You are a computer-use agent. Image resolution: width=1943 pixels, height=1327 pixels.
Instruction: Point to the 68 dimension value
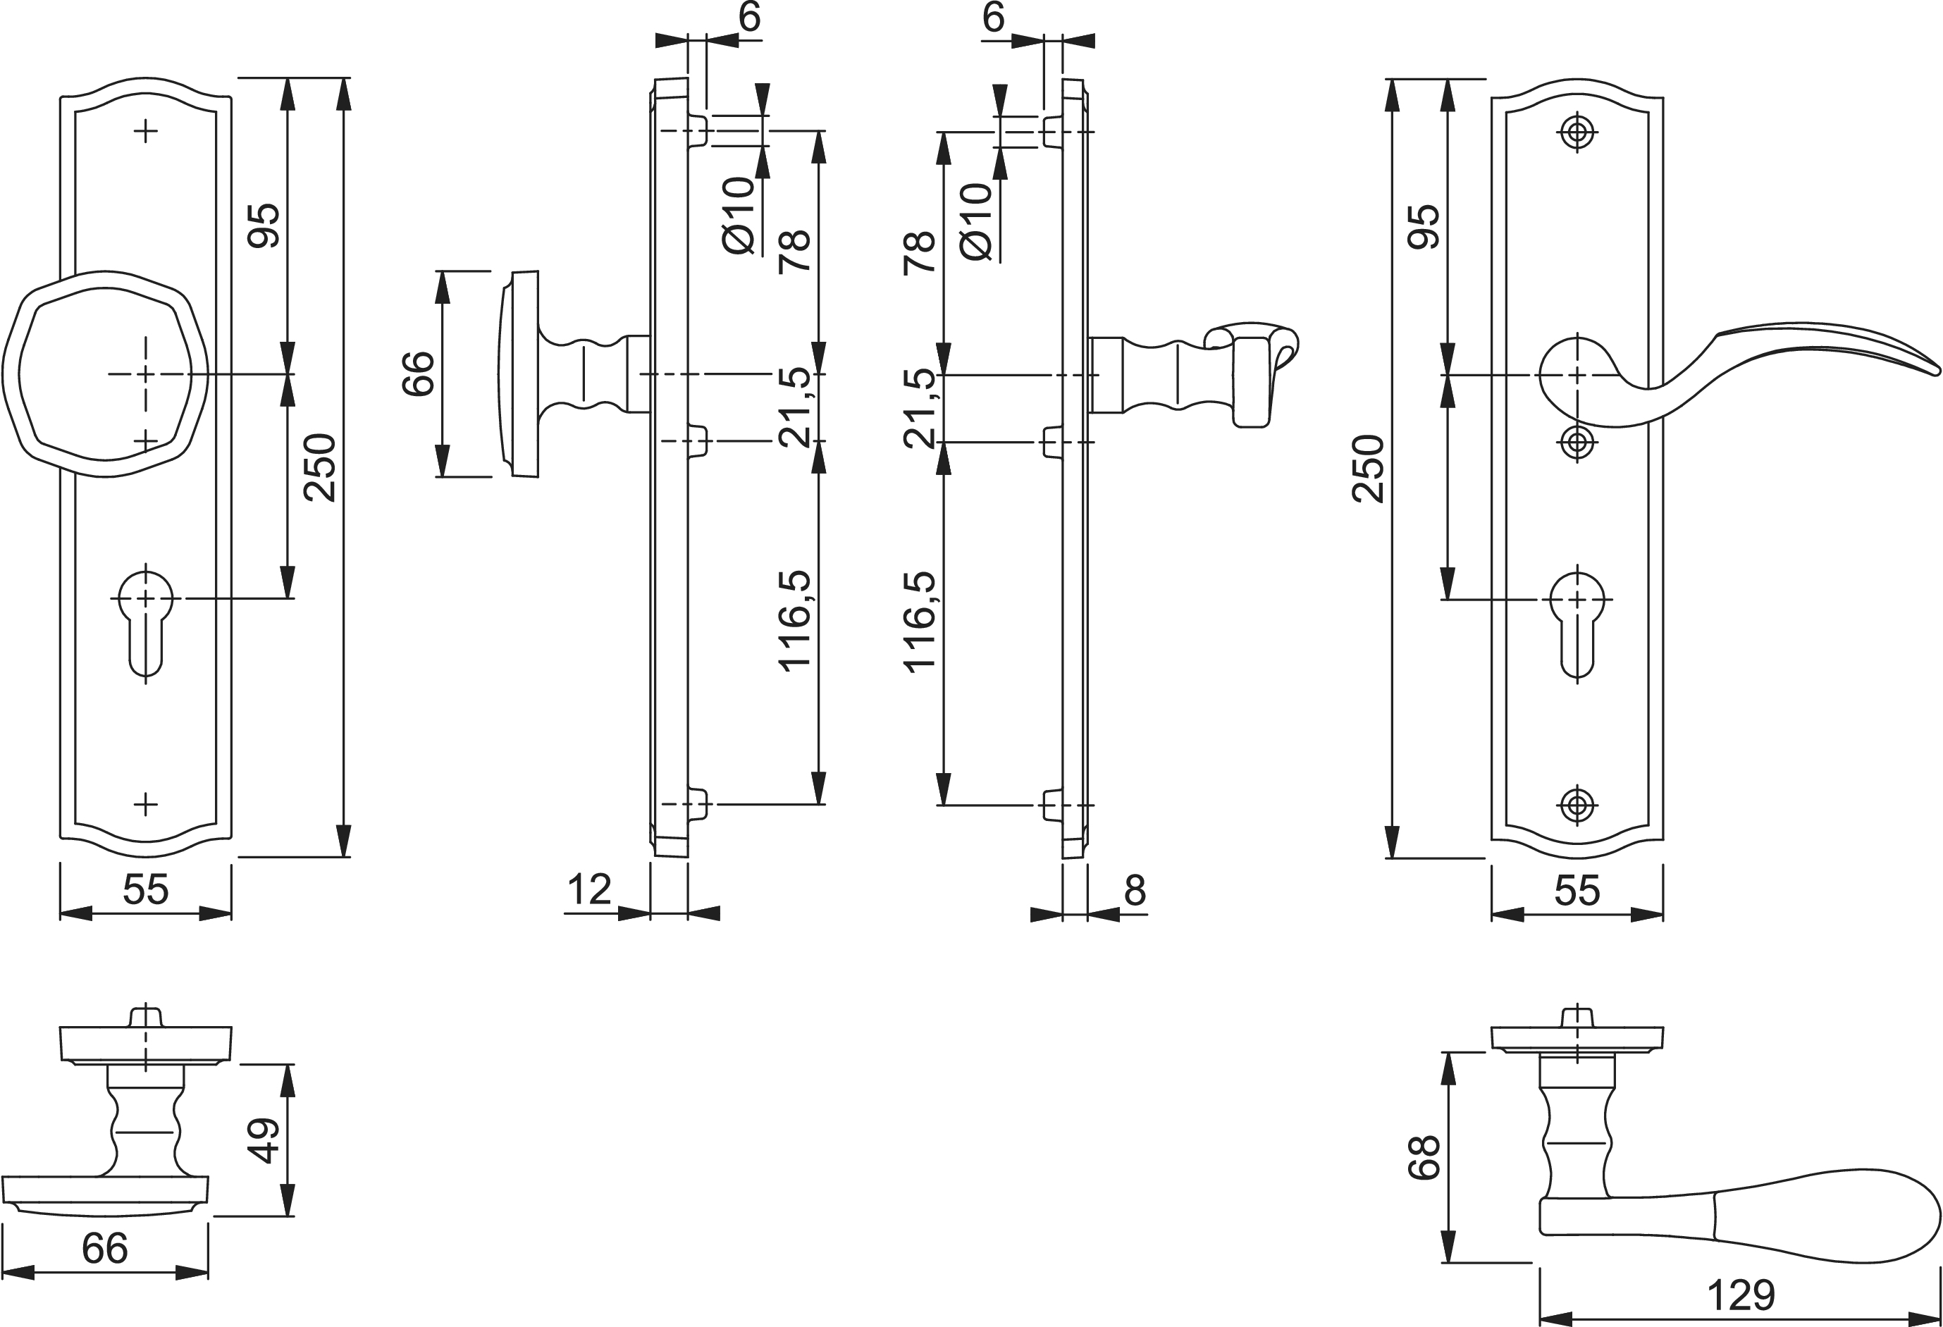coord(1424,1157)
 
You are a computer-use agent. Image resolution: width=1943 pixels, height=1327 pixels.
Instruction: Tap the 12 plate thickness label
coord(589,889)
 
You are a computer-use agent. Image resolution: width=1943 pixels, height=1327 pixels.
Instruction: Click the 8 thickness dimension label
coord(1135,891)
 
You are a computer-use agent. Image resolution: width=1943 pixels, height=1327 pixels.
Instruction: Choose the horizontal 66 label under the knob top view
coord(104,1248)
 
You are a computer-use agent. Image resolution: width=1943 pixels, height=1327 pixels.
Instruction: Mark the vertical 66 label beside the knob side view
coord(419,374)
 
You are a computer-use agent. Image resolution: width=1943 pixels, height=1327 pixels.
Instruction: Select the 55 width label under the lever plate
coord(1577,891)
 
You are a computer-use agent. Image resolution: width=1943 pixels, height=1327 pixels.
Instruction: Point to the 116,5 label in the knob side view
coord(794,620)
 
